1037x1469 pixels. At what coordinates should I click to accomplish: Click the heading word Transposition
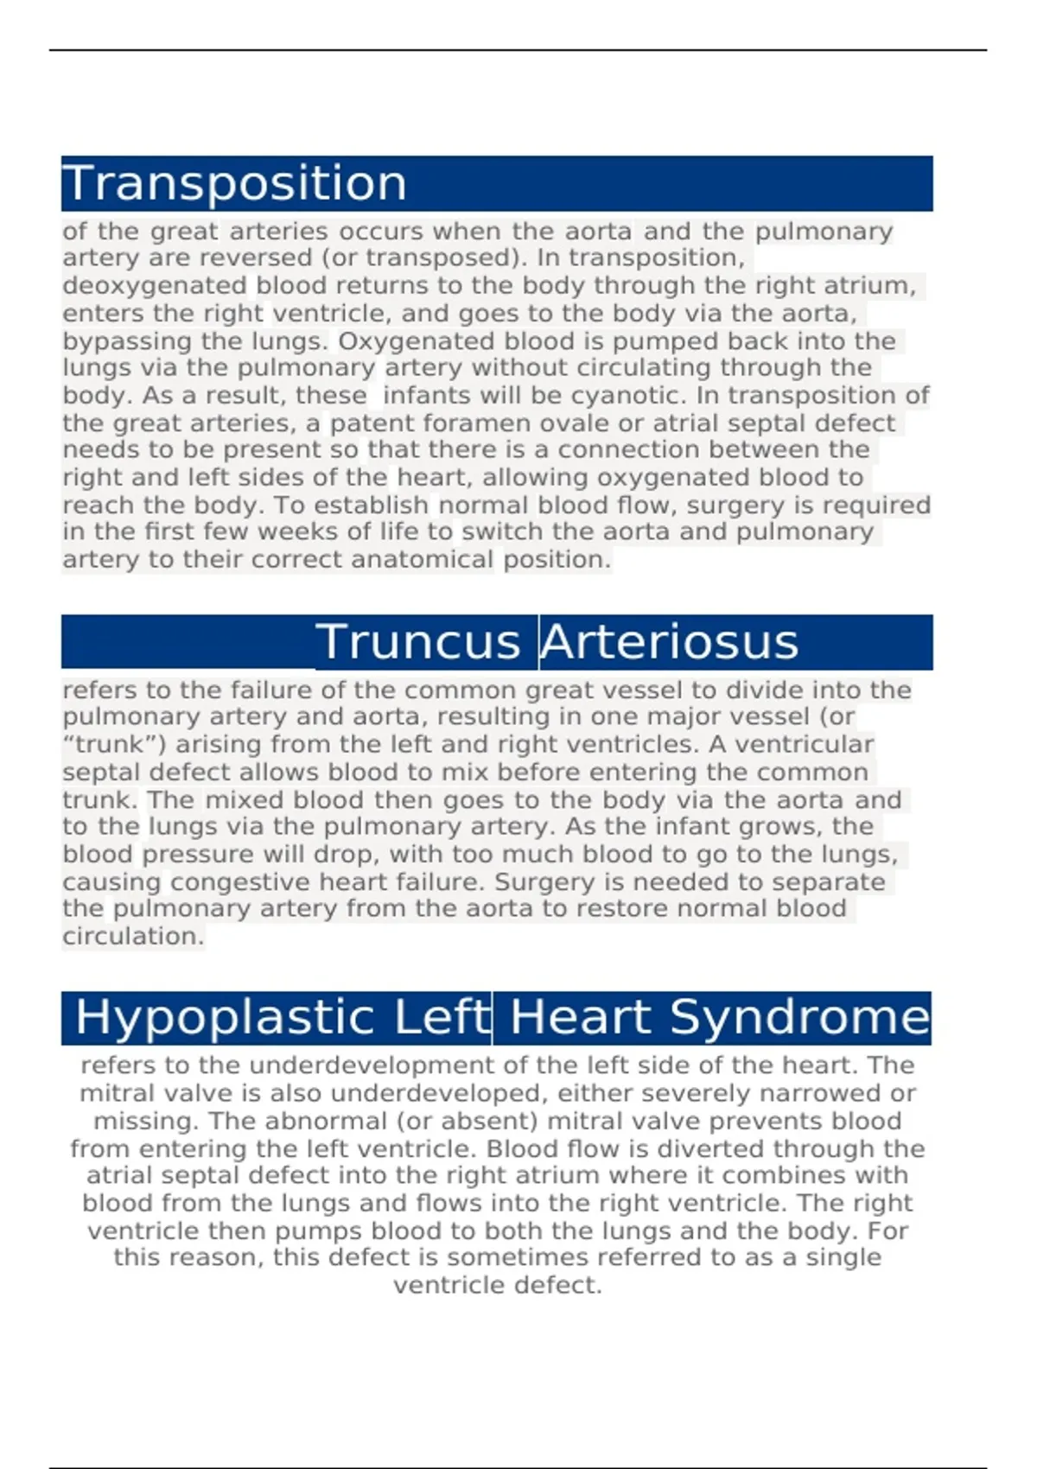[234, 183]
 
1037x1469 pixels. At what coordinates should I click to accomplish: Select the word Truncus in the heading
[418, 642]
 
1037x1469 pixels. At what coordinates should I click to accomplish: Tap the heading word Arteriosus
[670, 642]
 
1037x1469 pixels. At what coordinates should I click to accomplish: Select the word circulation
[133, 937]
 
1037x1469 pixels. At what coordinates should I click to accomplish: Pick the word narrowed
[803, 1093]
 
